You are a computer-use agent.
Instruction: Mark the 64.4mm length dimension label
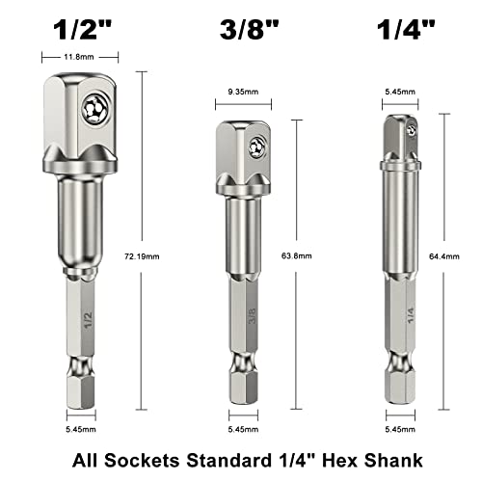(x=464, y=256)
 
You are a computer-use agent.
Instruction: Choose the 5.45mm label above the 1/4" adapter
(x=399, y=93)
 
